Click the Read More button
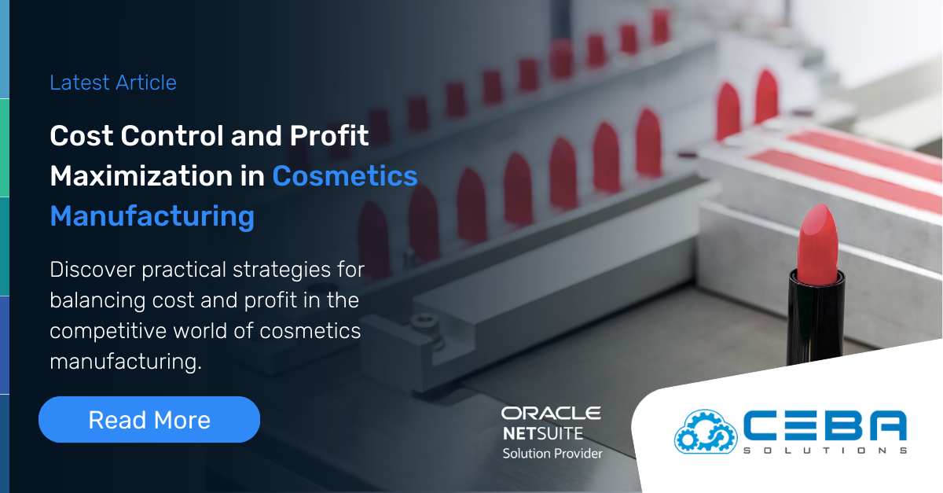(x=149, y=419)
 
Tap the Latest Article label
(x=113, y=83)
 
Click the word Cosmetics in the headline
(x=345, y=175)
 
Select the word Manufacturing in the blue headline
(x=152, y=215)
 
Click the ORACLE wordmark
(x=551, y=413)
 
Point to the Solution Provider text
(x=552, y=453)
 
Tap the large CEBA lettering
(x=825, y=427)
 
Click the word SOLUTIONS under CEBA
(x=825, y=451)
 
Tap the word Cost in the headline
(x=79, y=135)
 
